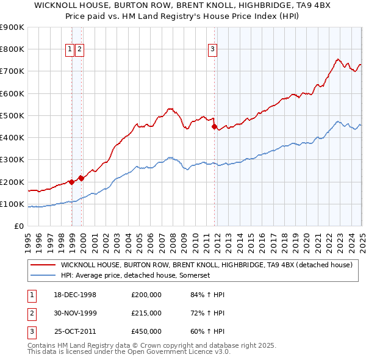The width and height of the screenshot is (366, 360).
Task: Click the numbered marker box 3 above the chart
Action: [x=212, y=50]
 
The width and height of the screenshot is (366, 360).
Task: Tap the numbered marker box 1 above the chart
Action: [x=70, y=50]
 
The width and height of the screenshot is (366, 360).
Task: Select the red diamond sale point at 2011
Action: [x=214, y=127]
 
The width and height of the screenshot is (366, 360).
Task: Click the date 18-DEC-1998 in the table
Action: [x=76, y=295]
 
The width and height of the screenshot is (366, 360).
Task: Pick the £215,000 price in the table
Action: [x=146, y=313]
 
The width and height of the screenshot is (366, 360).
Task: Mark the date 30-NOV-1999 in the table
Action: [x=76, y=313]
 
